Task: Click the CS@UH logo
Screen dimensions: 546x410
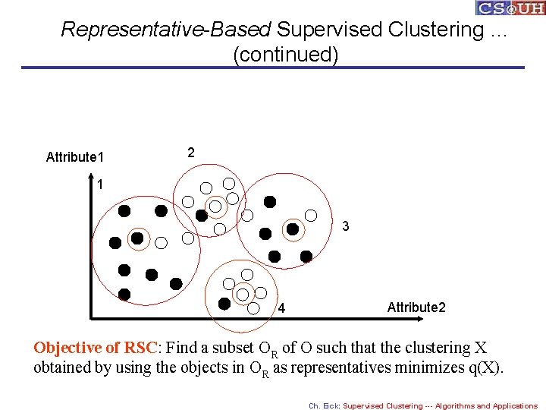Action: pyautogui.click(x=510, y=8)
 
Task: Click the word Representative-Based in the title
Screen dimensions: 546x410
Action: pyautogui.click(x=165, y=30)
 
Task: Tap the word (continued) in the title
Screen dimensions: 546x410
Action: pyautogui.click(x=286, y=55)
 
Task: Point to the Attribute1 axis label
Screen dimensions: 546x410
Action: pyautogui.click(x=74, y=157)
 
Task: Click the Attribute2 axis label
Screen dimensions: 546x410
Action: pyautogui.click(x=416, y=307)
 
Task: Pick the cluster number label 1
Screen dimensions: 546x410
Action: pyautogui.click(x=99, y=184)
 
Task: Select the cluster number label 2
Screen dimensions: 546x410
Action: pyautogui.click(x=190, y=153)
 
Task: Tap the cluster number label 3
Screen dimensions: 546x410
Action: pyautogui.click(x=345, y=226)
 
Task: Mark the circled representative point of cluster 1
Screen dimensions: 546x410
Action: pyautogui.click(x=137, y=238)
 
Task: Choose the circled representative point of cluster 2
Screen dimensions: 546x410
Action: pyautogui.click(x=215, y=206)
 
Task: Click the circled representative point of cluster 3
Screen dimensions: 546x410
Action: pyautogui.click(x=292, y=228)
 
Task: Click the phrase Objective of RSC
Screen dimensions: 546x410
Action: pyautogui.click(x=94, y=348)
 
